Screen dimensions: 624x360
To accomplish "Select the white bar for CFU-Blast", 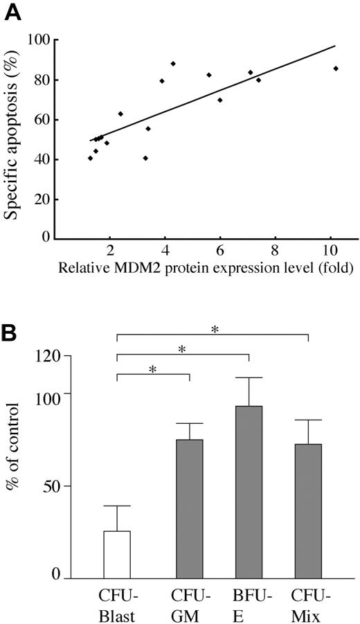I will point(117,554).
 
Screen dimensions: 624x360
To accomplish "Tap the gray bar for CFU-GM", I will point(190,508).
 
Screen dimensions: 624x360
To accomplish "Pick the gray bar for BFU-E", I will point(249,492).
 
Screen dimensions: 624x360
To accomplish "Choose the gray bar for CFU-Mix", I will point(308,510).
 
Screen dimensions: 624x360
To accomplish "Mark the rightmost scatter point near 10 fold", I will point(336,69).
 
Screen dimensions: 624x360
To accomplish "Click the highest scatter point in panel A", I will point(173,64).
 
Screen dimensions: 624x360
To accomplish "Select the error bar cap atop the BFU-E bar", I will point(249,377).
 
